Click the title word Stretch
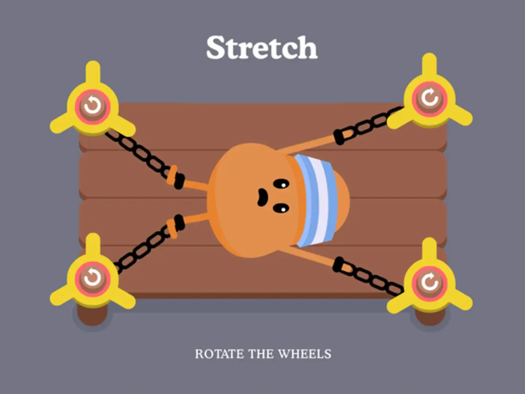(x=262, y=47)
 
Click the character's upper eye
(x=281, y=184)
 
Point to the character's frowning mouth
(x=262, y=197)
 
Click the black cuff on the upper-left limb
(x=179, y=181)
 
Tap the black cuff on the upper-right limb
(x=339, y=137)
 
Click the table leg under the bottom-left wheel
(x=92, y=316)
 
